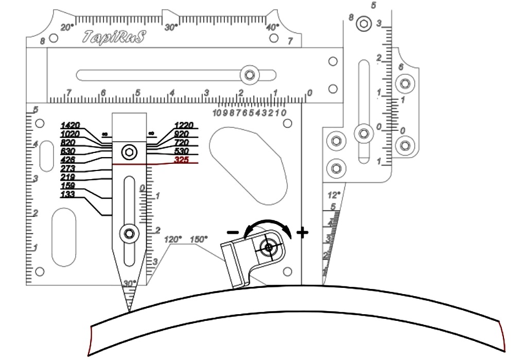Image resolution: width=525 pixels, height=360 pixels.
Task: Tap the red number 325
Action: tap(181, 161)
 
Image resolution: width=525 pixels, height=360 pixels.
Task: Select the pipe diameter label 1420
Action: tap(70, 125)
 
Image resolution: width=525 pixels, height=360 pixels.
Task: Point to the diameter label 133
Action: tap(67, 194)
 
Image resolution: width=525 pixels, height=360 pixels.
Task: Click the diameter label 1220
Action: tap(184, 125)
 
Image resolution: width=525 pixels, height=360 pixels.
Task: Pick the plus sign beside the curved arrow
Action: tap(303, 233)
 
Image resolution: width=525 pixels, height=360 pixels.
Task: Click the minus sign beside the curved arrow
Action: tap(232, 232)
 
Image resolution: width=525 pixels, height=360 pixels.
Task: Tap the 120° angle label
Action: tap(173, 239)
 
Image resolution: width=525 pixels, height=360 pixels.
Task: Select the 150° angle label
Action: tap(199, 239)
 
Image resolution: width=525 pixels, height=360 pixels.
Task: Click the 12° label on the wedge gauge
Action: tap(334, 196)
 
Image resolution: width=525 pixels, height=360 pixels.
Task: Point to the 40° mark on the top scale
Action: tap(273, 27)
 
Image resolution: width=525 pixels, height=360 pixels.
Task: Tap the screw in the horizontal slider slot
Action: tap(250, 75)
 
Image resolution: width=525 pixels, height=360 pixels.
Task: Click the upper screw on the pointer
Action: tap(128, 152)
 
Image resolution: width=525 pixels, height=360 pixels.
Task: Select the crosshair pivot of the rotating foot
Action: tap(268, 248)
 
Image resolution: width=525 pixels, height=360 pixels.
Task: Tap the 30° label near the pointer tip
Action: tap(130, 283)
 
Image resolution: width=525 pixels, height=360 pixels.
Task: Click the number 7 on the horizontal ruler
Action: tap(68, 92)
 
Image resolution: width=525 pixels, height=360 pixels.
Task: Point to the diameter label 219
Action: tap(67, 177)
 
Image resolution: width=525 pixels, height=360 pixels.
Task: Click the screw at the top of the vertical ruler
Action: tap(364, 23)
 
